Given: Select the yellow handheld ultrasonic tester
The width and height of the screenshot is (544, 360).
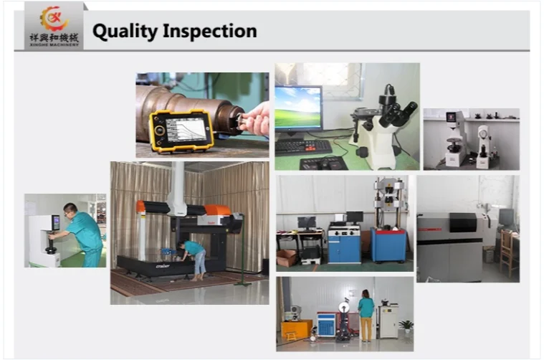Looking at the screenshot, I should [181, 129].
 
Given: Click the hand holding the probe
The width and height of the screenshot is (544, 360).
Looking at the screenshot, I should [256, 118].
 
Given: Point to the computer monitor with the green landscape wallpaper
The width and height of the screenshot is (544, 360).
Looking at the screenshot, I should [298, 108].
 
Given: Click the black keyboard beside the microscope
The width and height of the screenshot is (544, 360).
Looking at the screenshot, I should [303, 146].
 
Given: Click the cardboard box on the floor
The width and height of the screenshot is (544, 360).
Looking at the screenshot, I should [287, 257].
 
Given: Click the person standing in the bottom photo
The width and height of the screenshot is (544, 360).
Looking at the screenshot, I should [366, 315].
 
